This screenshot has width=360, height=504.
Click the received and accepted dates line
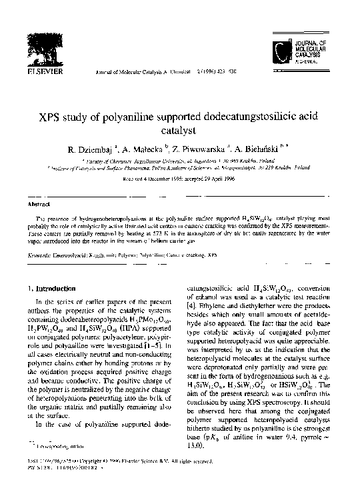180,179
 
